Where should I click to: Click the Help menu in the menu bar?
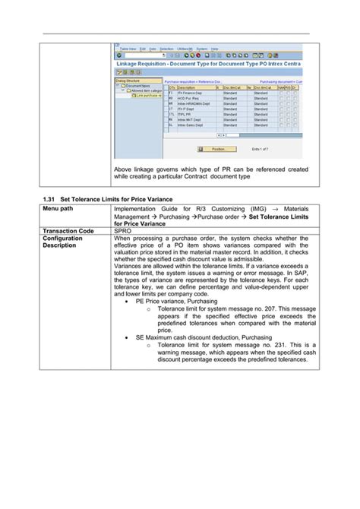pos(214,48)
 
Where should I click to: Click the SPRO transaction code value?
pos(123,231)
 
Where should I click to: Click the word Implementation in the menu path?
pos(141,208)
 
